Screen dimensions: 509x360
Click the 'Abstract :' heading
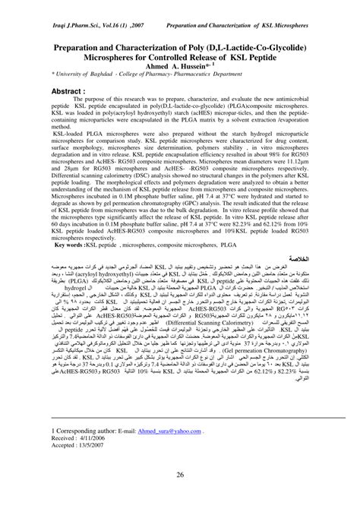(71, 90)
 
